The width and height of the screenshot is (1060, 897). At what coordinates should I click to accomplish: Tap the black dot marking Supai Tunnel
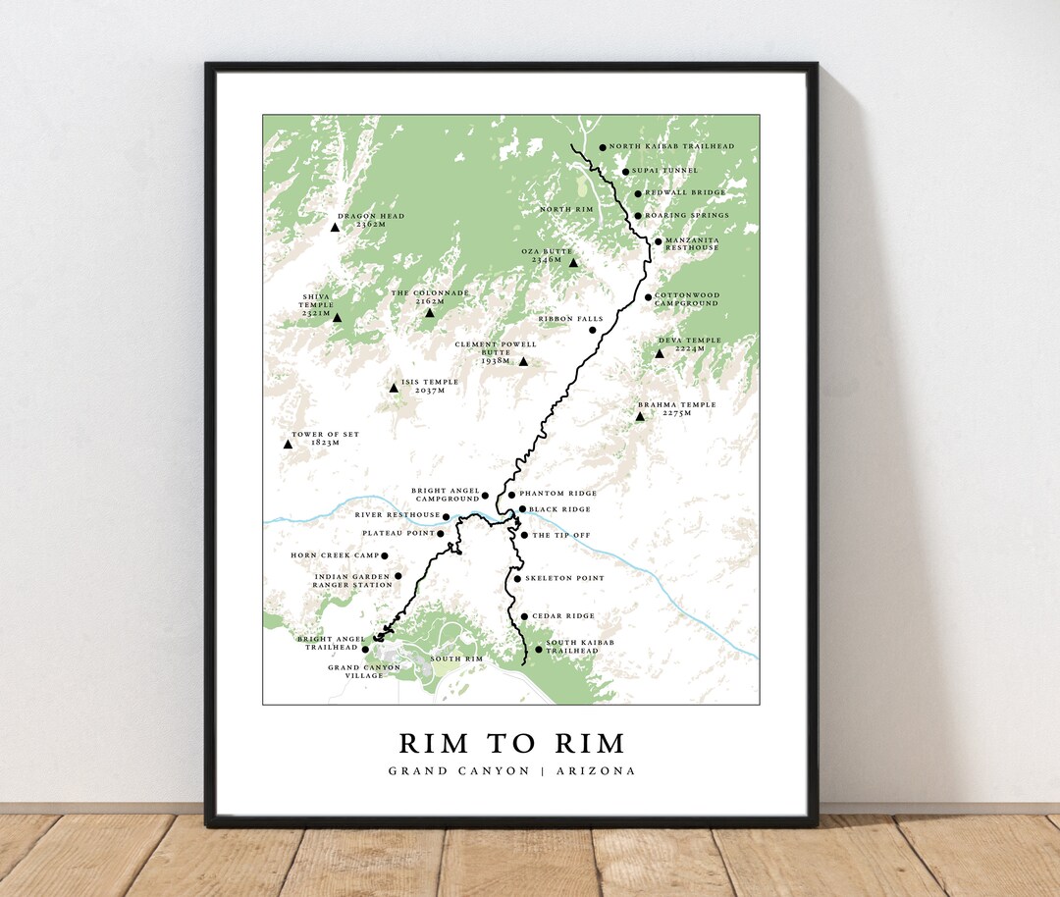click(x=625, y=172)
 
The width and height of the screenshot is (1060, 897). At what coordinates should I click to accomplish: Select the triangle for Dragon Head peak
click(x=335, y=227)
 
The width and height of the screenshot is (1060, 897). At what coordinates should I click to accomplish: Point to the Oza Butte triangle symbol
click(x=573, y=263)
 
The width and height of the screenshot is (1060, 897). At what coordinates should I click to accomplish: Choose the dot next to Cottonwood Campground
click(x=648, y=297)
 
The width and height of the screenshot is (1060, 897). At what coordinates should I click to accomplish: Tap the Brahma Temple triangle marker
click(x=640, y=417)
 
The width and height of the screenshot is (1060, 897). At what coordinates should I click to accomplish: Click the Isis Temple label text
click(x=430, y=382)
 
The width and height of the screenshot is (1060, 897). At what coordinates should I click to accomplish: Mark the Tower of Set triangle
click(x=288, y=445)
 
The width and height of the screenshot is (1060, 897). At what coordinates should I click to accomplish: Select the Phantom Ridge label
click(x=557, y=494)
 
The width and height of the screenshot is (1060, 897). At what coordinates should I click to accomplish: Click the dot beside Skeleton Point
click(x=517, y=579)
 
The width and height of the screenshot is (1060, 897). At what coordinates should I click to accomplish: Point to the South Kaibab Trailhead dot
click(x=538, y=650)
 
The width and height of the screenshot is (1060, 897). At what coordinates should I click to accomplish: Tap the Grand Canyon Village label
click(x=364, y=671)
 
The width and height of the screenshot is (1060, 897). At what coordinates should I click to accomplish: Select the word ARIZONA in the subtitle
click(x=596, y=771)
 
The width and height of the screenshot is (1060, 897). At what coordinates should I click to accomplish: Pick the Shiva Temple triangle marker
click(x=337, y=318)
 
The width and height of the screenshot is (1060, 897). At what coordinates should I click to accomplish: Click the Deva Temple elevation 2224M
click(x=690, y=348)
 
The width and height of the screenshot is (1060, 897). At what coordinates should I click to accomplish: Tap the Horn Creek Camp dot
click(x=385, y=556)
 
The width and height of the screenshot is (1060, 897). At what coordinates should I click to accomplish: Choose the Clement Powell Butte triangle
click(x=523, y=362)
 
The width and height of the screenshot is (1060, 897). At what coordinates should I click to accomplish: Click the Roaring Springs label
click(x=687, y=216)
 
